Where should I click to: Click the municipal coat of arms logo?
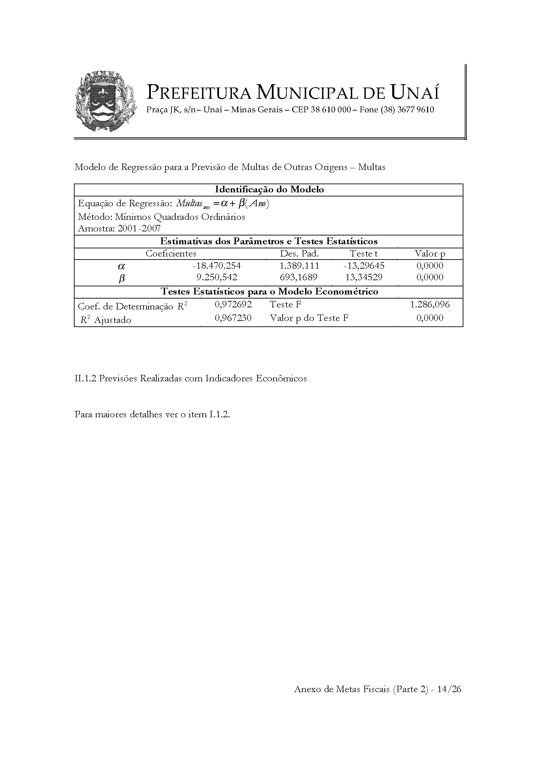106,101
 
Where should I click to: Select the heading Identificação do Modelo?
269,190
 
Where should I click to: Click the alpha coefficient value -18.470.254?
216,266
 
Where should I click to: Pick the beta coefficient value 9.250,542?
217,278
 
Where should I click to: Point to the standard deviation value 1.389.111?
300,266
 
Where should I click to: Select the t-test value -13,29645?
364,266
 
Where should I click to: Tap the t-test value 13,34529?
364,278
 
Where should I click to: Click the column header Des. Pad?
299,254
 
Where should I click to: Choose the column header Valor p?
430,254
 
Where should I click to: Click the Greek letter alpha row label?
121,266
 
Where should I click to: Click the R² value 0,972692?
233,305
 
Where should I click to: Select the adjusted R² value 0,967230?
233,318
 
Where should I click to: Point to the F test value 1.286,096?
430,305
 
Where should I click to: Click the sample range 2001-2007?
139,228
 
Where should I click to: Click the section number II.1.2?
85,379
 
